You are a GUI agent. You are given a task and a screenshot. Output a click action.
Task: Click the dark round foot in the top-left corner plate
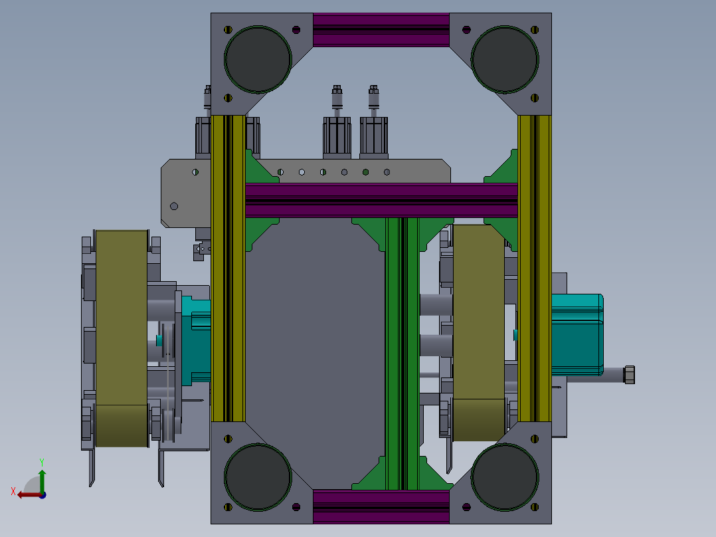click(258, 59)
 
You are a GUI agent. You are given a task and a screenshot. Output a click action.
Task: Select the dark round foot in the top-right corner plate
click(505, 59)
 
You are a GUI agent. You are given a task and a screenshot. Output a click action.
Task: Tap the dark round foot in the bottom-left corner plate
click(258, 477)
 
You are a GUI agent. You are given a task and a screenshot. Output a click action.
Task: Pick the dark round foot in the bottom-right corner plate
click(505, 477)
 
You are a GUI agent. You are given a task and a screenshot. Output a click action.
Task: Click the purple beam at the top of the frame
click(381, 30)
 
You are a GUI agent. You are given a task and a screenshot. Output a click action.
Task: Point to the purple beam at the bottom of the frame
click(381, 507)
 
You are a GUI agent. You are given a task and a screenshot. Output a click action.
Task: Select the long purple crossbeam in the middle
click(381, 200)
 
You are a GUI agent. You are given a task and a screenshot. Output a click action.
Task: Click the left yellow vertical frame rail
click(228, 268)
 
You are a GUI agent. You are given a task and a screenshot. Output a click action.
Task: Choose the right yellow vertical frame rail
click(534, 268)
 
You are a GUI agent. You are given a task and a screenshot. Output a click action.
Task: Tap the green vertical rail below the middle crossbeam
click(403, 354)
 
